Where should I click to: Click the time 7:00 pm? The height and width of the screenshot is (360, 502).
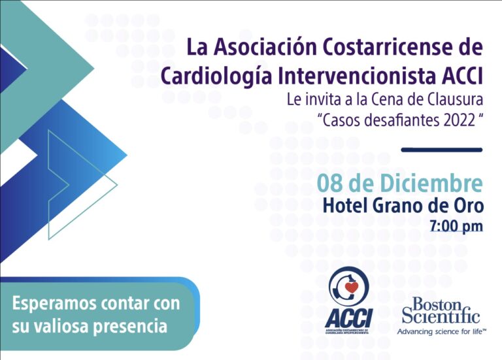pos(456,225)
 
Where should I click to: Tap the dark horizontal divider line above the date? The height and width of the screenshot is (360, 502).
pos(442,150)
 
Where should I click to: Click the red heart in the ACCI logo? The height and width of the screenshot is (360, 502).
pos(351,287)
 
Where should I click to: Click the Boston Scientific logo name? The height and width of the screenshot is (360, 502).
pos(441,310)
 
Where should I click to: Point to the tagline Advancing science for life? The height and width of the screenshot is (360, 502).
pos(442,331)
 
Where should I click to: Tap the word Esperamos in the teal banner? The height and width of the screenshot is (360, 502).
pos(54,304)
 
